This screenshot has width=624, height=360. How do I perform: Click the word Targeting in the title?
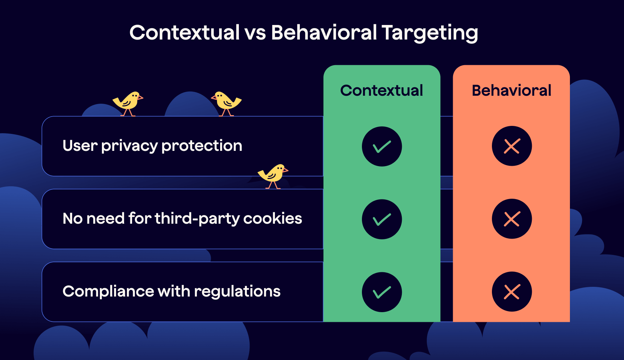tap(430, 33)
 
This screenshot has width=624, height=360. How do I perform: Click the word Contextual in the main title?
tap(184, 33)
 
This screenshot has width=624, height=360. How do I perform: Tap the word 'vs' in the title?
tap(255, 33)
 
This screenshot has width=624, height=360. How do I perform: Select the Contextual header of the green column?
tap(382, 91)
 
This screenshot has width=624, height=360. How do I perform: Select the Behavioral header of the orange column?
tap(511, 91)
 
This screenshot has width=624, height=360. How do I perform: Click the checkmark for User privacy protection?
tap(382, 146)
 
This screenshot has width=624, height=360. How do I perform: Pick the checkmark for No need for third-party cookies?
tap(382, 219)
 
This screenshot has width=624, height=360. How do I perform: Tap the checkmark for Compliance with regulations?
tap(382, 292)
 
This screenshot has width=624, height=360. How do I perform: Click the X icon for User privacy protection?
tap(512, 146)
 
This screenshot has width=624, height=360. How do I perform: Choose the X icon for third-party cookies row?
tap(512, 219)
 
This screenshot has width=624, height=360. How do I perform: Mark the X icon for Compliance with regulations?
tap(512, 292)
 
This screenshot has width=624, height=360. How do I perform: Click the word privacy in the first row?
tap(129, 146)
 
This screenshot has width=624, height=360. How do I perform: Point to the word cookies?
tap(272, 218)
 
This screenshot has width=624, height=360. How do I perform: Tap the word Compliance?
tap(108, 291)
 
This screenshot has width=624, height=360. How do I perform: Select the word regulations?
tap(237, 292)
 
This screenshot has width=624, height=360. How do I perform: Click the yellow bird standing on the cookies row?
tap(273, 175)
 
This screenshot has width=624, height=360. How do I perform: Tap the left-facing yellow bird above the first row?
tap(226, 102)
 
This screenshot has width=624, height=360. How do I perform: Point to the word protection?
tap(202, 146)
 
